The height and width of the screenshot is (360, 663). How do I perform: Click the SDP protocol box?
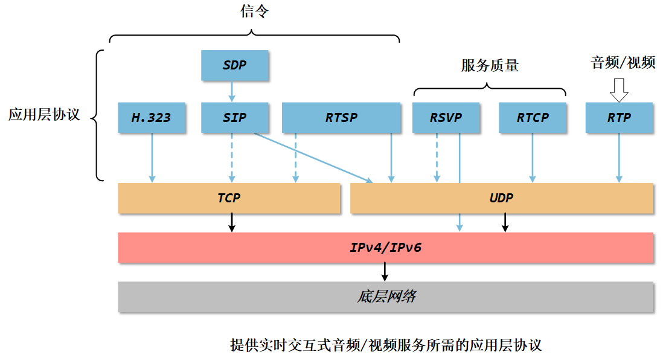click(x=234, y=65)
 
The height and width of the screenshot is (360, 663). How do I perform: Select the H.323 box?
click(x=152, y=118)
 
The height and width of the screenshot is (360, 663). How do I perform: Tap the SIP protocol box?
click(x=234, y=118)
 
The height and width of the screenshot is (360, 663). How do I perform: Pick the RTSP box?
click(x=341, y=118)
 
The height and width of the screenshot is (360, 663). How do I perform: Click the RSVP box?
click(x=446, y=118)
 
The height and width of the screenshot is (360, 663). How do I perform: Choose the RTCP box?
click(x=532, y=118)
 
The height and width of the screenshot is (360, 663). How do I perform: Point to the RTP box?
click(x=619, y=118)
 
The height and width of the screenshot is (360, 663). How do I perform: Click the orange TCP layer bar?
click(x=229, y=198)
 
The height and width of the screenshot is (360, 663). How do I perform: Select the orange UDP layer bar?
click(x=501, y=198)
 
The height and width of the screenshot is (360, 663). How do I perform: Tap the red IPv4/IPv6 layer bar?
click(x=385, y=248)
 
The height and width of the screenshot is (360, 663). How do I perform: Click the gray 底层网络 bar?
click(x=385, y=297)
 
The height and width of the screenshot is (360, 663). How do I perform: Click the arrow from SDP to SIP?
click(x=231, y=91)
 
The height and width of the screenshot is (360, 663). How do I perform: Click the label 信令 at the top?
click(x=254, y=12)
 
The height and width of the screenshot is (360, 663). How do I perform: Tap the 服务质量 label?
click(x=490, y=65)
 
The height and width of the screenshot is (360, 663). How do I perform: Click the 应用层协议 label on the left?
click(x=44, y=115)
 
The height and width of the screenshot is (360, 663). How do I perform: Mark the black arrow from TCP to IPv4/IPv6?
click(x=231, y=223)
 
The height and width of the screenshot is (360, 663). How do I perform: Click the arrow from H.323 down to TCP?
click(x=152, y=157)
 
